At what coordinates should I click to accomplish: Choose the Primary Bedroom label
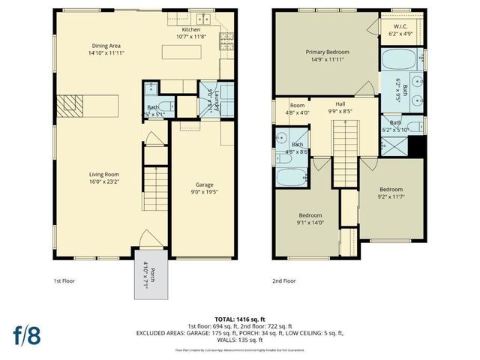pos(324,56)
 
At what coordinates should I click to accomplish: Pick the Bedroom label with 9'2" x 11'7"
pos(391,193)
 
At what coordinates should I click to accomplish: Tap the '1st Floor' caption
pos(64,281)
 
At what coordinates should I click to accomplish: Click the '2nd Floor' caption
pos(284,281)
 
